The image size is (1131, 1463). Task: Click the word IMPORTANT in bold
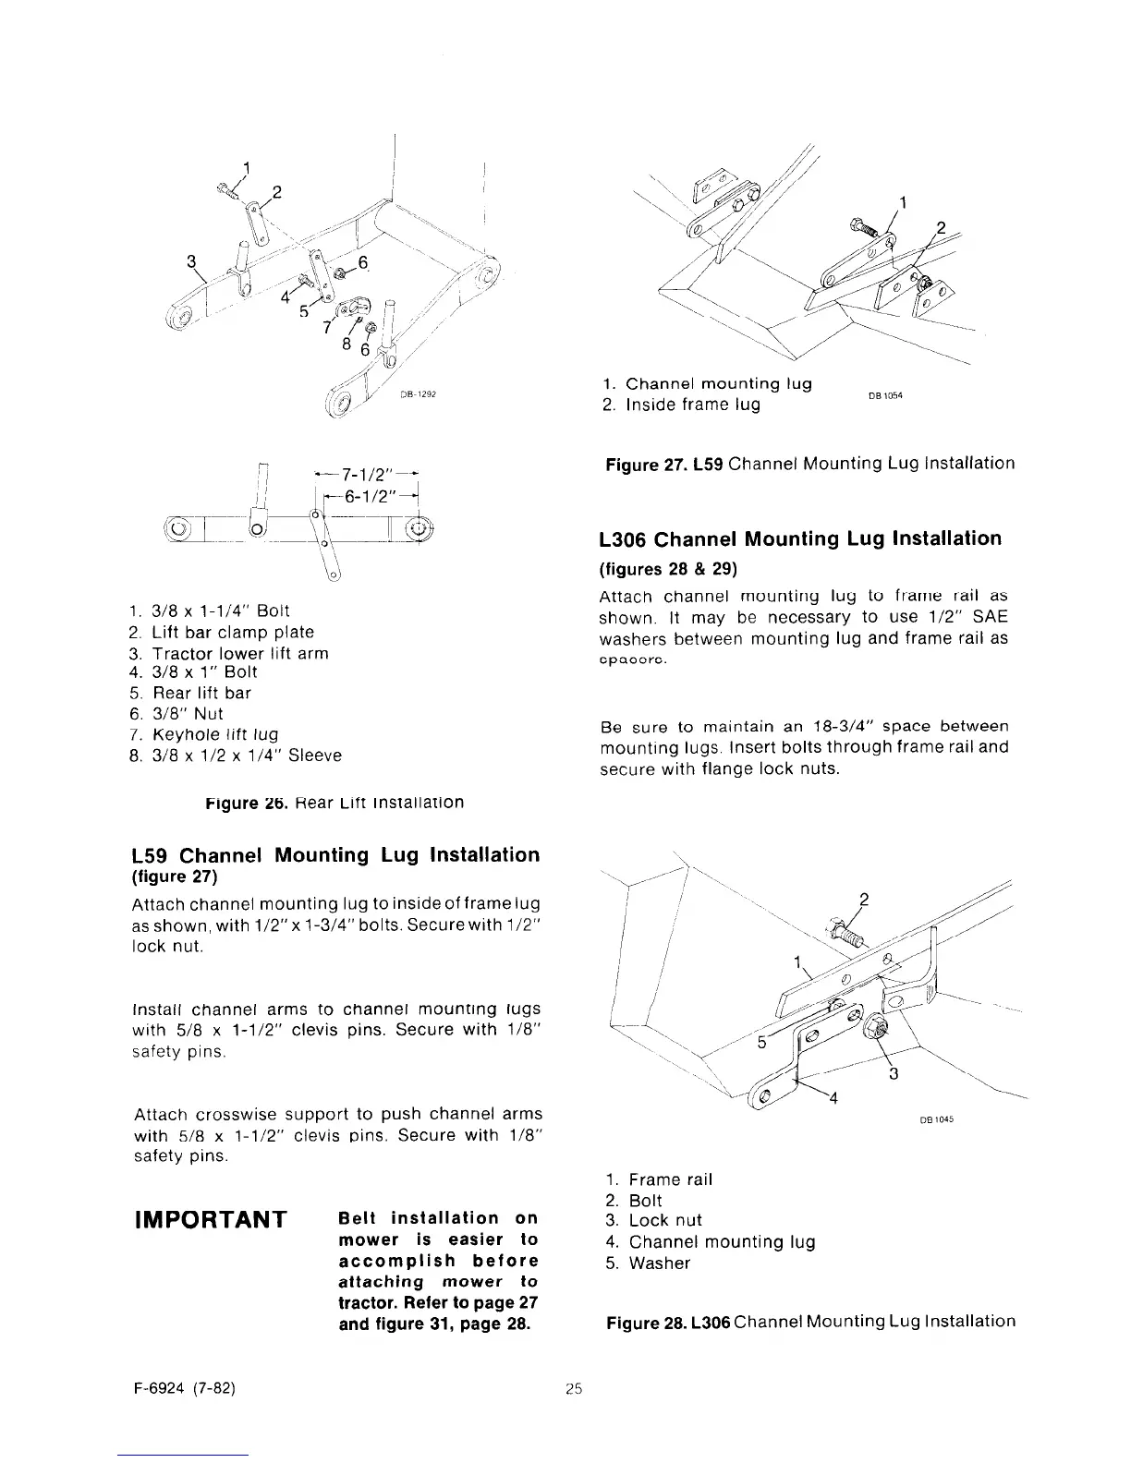pyautogui.click(x=210, y=1221)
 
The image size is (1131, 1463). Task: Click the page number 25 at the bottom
pyautogui.click(x=574, y=1388)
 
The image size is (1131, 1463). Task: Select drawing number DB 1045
pyautogui.click(x=936, y=1120)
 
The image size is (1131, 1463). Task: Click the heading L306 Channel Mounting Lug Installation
pyautogui.click(x=799, y=538)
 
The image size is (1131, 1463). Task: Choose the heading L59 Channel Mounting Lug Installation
pyautogui.click(x=336, y=854)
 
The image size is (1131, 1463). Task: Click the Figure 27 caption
pyautogui.click(x=809, y=464)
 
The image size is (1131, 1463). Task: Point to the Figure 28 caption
pyautogui.click(x=810, y=1322)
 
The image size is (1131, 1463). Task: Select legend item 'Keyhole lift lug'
pyautogui.click(x=211, y=734)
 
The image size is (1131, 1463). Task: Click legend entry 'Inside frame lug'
pyautogui.click(x=682, y=405)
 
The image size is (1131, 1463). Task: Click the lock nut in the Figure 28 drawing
pyautogui.click(x=873, y=1025)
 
